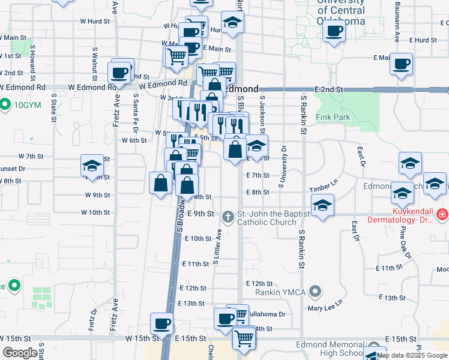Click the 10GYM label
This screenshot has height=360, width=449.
tap(26, 104)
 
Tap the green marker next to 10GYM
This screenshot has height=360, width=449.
tap(5, 104)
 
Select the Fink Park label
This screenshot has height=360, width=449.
tap(333, 118)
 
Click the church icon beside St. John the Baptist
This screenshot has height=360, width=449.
tap(228, 216)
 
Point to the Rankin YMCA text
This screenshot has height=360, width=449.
tap(281, 292)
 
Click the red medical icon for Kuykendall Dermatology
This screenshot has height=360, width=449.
tap(442, 214)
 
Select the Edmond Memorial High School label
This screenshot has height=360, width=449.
tap(329, 349)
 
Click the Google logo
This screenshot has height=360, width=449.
tap(20, 353)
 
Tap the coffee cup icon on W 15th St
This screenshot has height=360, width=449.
tap(161, 324)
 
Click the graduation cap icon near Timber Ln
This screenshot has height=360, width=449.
tap(322, 205)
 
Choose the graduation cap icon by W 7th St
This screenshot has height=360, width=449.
tap(92, 166)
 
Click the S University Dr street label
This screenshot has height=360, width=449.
tap(280, 167)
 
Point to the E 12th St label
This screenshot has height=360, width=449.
tap(259, 283)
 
